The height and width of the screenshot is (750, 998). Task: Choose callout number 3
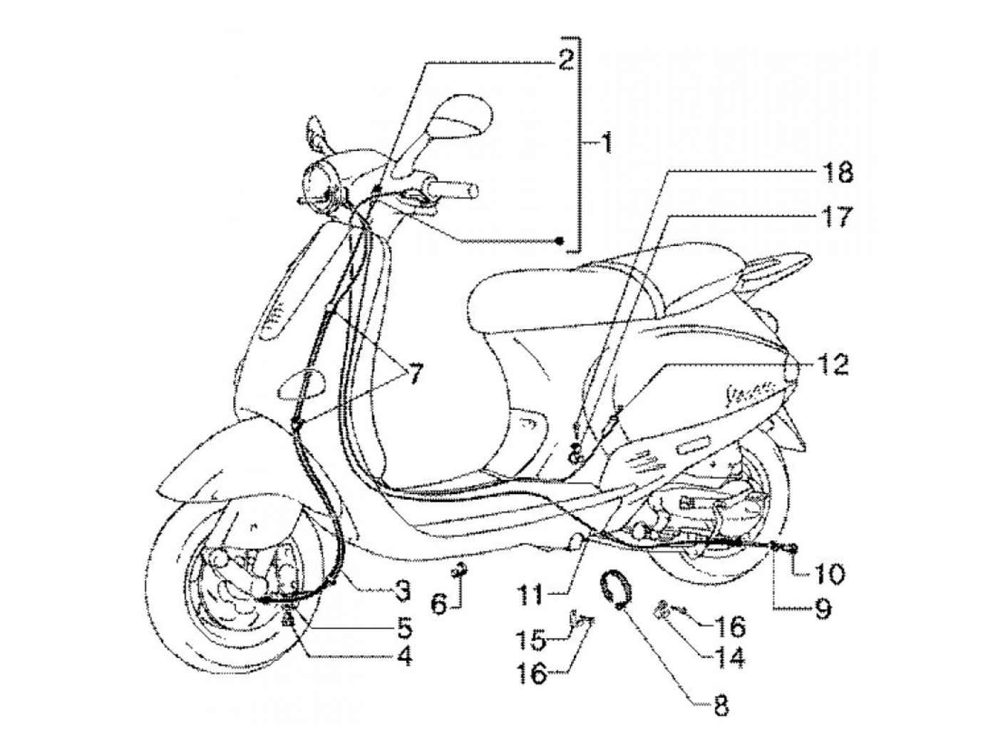tap(403, 589)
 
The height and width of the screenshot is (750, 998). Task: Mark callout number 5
tap(403, 627)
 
